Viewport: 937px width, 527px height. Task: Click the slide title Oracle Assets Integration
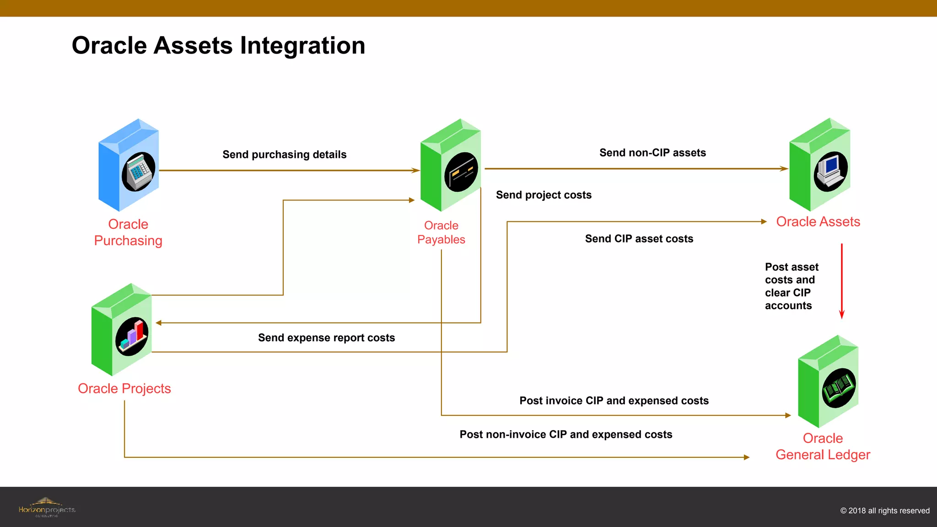click(218, 46)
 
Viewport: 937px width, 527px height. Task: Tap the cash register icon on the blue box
click(138, 172)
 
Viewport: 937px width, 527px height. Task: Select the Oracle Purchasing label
click(128, 232)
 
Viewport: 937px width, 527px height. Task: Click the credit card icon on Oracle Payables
click(461, 172)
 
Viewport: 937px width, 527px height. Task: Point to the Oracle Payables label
click(441, 232)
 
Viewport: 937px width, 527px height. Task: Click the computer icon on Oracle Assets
click(830, 171)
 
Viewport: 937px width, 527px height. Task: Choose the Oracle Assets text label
click(818, 222)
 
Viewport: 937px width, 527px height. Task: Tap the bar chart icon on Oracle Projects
click(132, 336)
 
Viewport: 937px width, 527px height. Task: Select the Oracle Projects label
click(124, 388)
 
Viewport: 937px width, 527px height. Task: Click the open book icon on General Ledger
click(839, 388)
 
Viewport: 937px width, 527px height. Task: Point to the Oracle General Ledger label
click(823, 446)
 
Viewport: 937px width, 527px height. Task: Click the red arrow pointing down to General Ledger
click(841, 281)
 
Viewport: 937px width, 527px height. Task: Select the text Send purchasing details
click(284, 155)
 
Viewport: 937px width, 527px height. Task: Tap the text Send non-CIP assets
click(652, 153)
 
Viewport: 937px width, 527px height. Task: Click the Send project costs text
click(544, 195)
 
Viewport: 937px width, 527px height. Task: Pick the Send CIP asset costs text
click(639, 239)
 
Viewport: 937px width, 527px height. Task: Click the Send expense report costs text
click(326, 338)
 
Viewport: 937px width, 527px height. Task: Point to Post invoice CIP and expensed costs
click(614, 401)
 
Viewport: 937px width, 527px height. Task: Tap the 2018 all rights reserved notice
click(884, 511)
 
